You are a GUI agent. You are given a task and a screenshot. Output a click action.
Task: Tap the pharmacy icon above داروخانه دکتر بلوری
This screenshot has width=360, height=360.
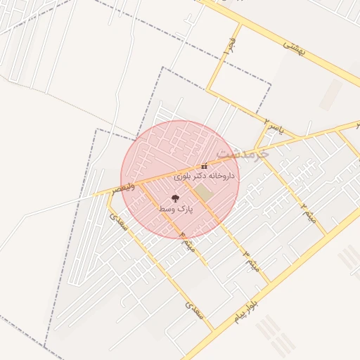point(204,167)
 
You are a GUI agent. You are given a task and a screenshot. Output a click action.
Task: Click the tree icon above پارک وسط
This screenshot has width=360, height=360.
point(175,198)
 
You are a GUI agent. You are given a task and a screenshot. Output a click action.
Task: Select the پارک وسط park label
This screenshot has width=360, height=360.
point(175,210)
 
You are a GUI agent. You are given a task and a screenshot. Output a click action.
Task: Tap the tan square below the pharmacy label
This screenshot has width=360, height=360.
point(202,192)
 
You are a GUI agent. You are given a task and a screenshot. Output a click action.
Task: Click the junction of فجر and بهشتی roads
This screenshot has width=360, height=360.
point(240,25)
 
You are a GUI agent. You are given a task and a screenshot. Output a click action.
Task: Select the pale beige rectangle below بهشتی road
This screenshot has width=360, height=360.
point(330,94)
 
